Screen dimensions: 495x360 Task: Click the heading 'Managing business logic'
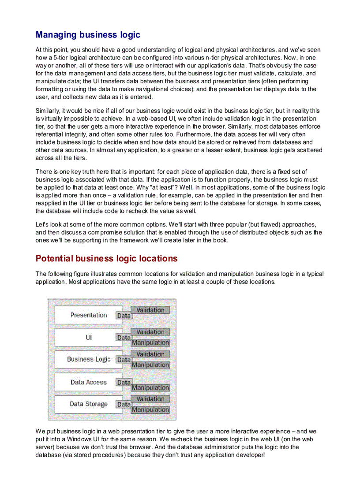pyautogui.click(x=88, y=34)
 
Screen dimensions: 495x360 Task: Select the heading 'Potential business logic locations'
pyautogui.click(x=106, y=258)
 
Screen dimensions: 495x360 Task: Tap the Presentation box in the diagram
pyautogui.click(x=88, y=315)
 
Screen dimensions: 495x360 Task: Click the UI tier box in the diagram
pyautogui.click(x=88, y=338)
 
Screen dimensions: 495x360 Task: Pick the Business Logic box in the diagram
pyautogui.click(x=88, y=359)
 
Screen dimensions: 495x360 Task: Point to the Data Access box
pyautogui.click(x=88, y=382)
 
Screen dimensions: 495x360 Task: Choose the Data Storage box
pyautogui.click(x=88, y=404)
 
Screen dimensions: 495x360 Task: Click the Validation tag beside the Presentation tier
pyautogui.click(x=150, y=310)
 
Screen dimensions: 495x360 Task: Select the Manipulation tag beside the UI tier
pyautogui.click(x=150, y=342)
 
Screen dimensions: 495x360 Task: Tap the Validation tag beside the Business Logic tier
pyautogui.click(x=150, y=354)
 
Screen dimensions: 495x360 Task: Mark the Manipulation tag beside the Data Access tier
pyautogui.click(x=150, y=388)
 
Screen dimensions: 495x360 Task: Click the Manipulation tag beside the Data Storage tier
pyautogui.click(x=150, y=409)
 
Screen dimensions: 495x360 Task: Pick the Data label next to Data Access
pyautogui.click(x=124, y=382)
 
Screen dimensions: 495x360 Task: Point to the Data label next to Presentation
pyautogui.click(x=124, y=316)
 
